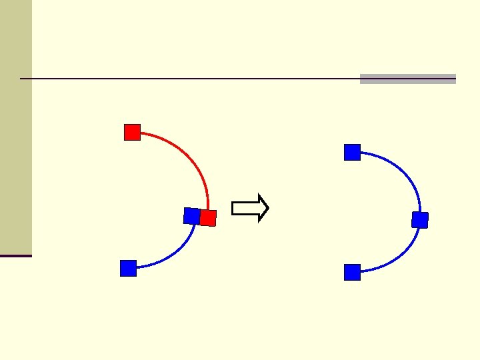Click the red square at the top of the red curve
pos(132,133)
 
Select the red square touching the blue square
pos(209,218)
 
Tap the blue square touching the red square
pos(191,215)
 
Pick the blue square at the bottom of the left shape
pos(128,268)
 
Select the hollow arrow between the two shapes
pos(250,209)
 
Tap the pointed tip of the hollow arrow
pos(267,209)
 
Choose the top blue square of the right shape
pos(352,153)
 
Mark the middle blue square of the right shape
pos(420,220)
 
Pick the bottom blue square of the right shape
pos(352,272)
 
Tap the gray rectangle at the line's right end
pos(408,79)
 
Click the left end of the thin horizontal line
pos(22,79)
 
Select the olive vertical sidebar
pos(15,127)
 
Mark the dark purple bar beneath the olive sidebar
pos(15,255)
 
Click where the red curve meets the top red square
pos(141,133)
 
